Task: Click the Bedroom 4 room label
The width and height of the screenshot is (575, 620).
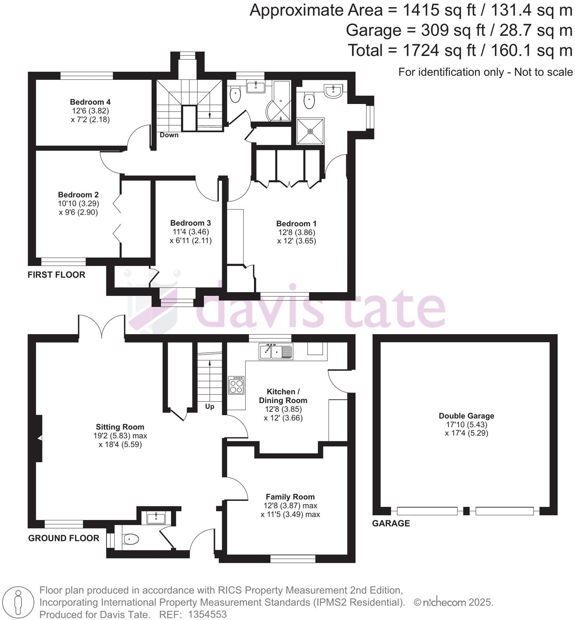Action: tap(90, 102)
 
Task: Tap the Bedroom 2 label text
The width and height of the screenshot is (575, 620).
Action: tap(78, 194)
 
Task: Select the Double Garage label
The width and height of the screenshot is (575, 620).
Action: tap(466, 416)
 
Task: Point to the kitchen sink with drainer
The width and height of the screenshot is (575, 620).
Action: tap(276, 351)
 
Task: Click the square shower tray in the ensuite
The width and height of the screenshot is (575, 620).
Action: tap(310, 131)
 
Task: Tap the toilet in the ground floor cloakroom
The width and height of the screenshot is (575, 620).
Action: tap(131, 539)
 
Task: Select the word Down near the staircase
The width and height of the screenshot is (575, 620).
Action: tap(169, 135)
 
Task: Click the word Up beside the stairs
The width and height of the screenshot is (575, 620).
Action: tap(210, 406)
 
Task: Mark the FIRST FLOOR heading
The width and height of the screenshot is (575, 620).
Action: tap(56, 275)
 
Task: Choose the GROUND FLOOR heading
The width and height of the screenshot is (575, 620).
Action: tap(63, 538)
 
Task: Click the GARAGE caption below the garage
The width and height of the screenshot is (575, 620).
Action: tap(391, 523)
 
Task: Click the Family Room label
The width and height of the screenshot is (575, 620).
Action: tap(290, 497)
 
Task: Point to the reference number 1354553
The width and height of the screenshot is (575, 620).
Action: tap(208, 614)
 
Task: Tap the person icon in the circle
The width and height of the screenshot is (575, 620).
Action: tap(17, 603)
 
